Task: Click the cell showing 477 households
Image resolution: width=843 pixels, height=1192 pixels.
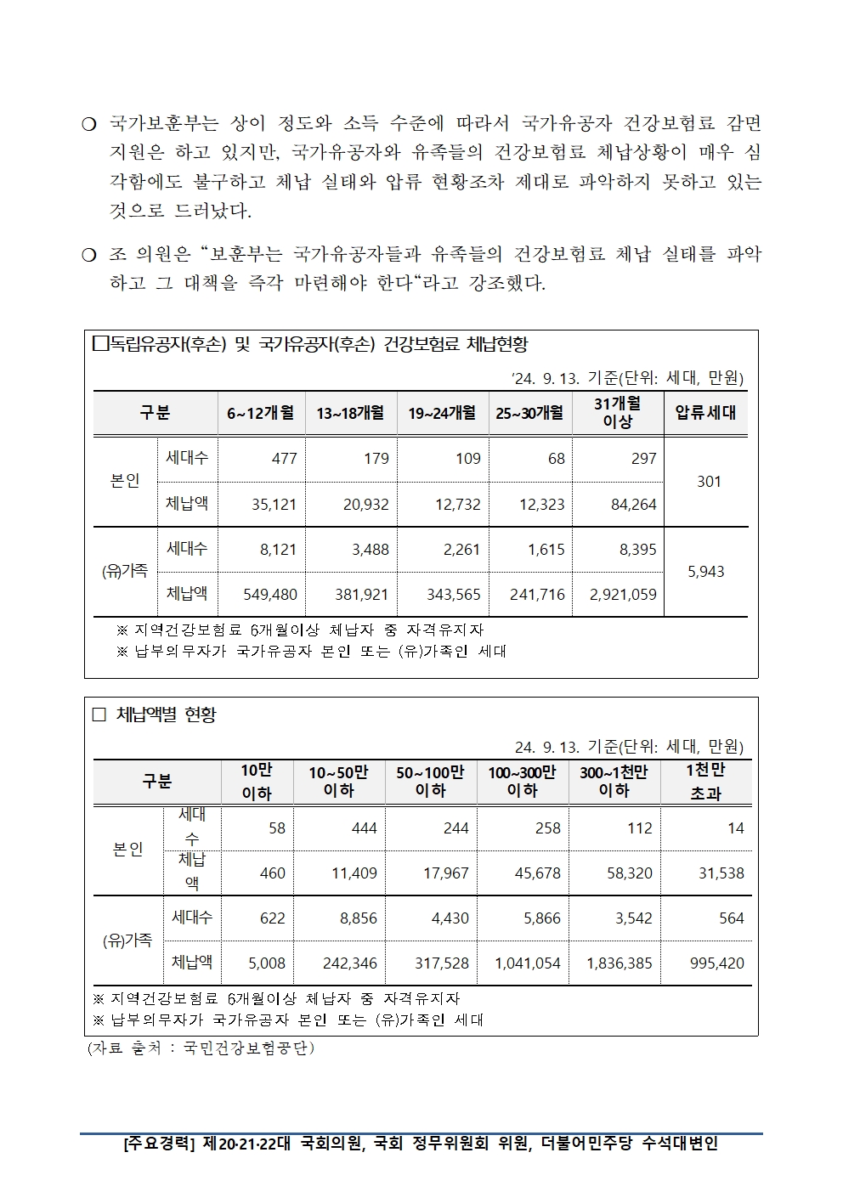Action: click(x=284, y=459)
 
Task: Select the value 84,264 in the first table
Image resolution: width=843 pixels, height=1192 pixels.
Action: click(x=633, y=505)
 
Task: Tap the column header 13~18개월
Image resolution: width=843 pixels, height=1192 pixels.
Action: click(x=350, y=414)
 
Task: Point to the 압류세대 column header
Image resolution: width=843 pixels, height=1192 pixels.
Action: click(x=705, y=414)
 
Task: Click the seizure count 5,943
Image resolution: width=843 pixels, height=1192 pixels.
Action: click(x=705, y=572)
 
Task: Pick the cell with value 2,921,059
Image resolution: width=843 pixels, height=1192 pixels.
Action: click(x=623, y=595)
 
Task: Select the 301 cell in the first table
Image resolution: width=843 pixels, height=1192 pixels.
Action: click(x=709, y=482)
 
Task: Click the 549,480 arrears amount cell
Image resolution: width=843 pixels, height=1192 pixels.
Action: click(x=269, y=595)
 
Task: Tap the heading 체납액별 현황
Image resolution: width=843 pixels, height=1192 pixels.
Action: click(x=166, y=715)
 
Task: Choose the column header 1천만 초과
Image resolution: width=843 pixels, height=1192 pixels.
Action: click(x=705, y=782)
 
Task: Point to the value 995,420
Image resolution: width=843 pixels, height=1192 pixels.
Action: click(x=717, y=963)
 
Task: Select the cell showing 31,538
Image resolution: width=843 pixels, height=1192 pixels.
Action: click(x=721, y=873)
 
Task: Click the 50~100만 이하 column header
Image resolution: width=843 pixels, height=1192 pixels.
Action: click(x=430, y=782)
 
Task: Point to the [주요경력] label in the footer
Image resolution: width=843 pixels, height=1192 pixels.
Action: click(x=159, y=1144)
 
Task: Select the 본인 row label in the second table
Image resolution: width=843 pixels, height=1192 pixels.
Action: click(x=127, y=850)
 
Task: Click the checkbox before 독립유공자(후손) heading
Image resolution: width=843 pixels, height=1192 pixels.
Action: click(x=99, y=344)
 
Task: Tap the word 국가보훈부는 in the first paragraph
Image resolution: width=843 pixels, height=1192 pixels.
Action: click(x=164, y=124)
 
